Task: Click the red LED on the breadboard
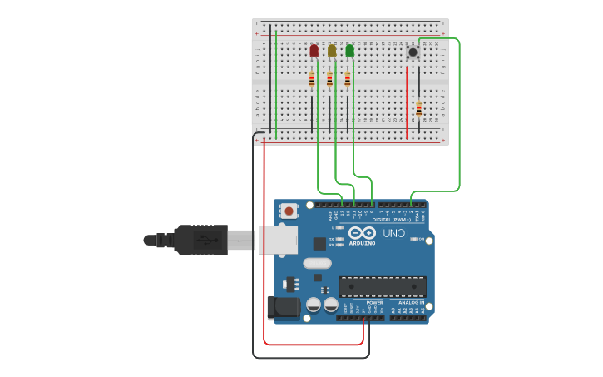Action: (x=314, y=51)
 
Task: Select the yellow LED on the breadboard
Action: (x=332, y=51)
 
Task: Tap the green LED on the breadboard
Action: (x=349, y=51)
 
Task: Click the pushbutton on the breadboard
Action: (x=413, y=52)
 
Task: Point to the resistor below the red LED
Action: (x=312, y=80)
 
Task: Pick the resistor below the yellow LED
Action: (x=329, y=80)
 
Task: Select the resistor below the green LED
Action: (x=348, y=80)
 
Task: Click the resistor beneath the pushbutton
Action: (x=419, y=109)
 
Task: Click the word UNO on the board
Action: (x=393, y=233)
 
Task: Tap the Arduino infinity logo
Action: (x=368, y=234)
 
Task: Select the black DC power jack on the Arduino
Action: (x=284, y=307)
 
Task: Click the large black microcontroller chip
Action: (x=382, y=287)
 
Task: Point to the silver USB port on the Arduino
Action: (x=278, y=240)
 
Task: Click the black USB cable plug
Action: (x=200, y=240)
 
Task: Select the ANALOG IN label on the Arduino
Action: (x=411, y=303)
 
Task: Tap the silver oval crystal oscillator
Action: (x=317, y=264)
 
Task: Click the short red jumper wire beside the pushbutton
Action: (x=407, y=102)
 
